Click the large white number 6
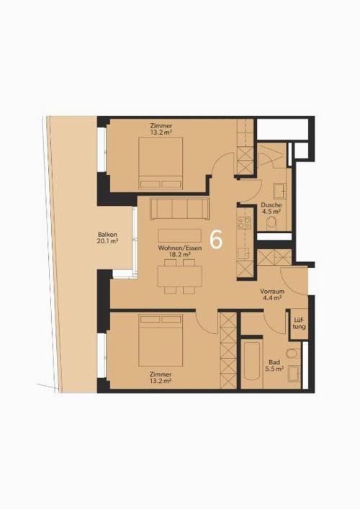[216, 240]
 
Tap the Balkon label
[107, 235]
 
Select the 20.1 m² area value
[107, 241]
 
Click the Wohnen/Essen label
[180, 248]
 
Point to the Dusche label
[271, 205]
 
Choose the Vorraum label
[272, 291]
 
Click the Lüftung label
[299, 323]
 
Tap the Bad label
[274, 362]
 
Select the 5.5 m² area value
[274, 369]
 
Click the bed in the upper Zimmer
[161, 163]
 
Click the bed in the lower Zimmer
[161, 340]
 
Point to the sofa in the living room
[179, 208]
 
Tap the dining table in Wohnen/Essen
[180, 276]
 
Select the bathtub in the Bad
[251, 363]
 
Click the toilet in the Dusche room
[271, 223]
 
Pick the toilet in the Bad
[292, 353]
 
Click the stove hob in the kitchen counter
[244, 223]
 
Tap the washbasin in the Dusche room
[279, 191]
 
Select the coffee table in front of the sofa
[179, 235]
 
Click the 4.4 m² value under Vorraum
[272, 298]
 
